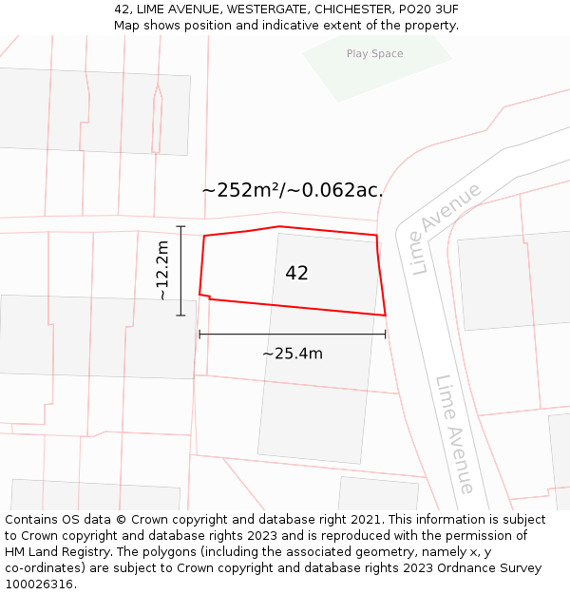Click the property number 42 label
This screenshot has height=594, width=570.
pos(296,273)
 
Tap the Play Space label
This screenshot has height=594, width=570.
pos(374,54)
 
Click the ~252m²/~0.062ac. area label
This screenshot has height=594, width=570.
pos(293,190)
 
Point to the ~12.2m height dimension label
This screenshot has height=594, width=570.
pos(162,271)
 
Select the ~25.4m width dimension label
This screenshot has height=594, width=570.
pos(293,354)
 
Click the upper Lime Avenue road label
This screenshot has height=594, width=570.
pos(446,229)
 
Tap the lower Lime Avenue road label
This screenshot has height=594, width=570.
pos(455,433)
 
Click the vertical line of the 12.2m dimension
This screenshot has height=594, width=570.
pos(180,271)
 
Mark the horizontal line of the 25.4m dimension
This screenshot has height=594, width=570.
pos(293,334)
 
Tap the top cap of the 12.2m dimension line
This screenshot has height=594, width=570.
pos(180,226)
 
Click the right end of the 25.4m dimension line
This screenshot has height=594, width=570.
pos(385,334)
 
